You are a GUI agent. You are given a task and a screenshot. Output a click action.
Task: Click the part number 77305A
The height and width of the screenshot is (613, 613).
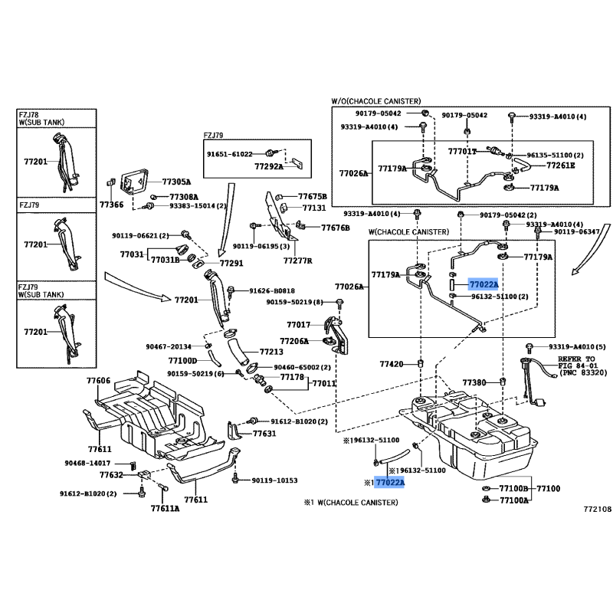175,182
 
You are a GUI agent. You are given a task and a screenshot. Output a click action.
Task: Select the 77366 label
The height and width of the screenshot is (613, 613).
111,205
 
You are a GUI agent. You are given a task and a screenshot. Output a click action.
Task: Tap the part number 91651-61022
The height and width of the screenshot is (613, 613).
229,154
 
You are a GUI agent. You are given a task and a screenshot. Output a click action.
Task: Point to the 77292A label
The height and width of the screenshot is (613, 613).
269,166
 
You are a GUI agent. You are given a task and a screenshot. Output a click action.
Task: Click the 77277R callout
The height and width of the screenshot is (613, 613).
297,261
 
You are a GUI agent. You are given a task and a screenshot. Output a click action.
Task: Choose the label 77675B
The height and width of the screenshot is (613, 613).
312,196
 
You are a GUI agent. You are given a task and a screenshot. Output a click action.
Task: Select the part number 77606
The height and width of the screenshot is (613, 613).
98,381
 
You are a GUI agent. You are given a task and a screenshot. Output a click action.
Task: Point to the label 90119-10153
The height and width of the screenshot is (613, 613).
274,480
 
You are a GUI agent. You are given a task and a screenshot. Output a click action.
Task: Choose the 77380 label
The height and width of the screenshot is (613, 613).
474,382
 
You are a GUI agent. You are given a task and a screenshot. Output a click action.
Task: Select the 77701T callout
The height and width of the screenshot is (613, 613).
462,152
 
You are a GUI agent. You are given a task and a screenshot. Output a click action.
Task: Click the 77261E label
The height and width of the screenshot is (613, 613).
560,165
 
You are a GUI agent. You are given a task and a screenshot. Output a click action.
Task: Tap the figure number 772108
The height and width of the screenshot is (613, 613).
598,508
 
